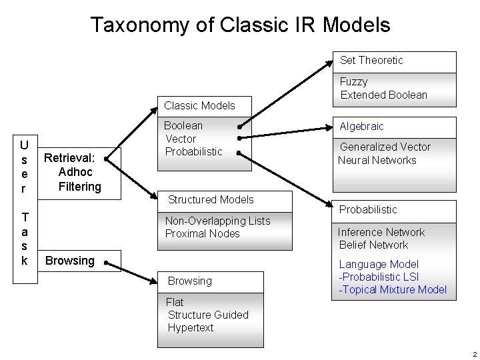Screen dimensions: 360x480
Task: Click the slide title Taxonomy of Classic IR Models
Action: click(240, 25)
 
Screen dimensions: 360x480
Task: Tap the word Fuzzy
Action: click(353, 82)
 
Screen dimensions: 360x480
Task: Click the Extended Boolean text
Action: click(383, 95)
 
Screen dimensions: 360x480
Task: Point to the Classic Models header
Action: click(199, 105)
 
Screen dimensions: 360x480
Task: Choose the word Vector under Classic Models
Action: click(180, 139)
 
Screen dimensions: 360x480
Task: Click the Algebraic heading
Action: click(362, 127)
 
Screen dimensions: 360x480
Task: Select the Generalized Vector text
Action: click(385, 147)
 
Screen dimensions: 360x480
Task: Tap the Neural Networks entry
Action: click(377, 160)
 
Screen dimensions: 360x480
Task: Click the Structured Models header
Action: click(211, 199)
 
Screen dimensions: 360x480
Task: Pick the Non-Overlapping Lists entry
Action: click(217, 221)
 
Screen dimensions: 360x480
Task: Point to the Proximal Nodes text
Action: click(202, 234)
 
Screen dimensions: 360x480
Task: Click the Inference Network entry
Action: click(381, 233)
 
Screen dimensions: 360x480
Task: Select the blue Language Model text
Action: click(379, 265)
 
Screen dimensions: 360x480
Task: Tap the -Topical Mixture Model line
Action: click(393, 290)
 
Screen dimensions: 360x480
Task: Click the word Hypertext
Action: click(191, 327)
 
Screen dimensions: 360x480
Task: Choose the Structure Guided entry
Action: click(208, 315)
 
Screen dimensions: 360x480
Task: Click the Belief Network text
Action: click(374, 245)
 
